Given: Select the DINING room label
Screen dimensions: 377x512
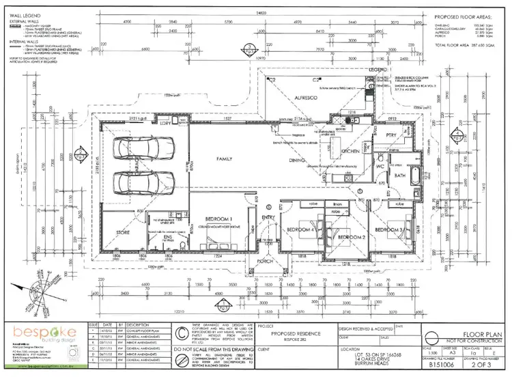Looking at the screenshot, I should pos(296,160).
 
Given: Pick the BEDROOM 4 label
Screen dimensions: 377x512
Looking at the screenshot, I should pos(300,229).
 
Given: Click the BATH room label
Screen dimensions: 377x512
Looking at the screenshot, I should pos(400,177).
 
